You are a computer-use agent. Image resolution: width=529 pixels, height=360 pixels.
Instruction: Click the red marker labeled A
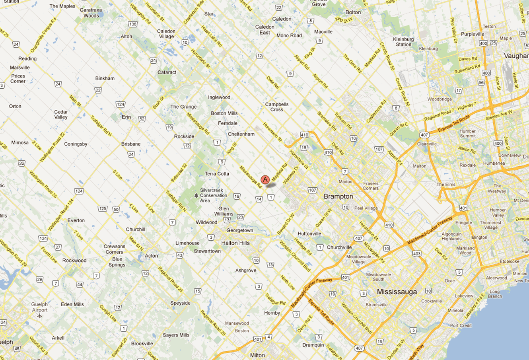(x=265, y=180)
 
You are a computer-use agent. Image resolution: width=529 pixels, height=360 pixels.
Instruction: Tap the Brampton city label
(x=338, y=197)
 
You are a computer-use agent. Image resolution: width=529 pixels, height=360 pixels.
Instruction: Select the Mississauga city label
(x=397, y=292)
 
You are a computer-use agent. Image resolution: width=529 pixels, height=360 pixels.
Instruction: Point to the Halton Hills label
(x=235, y=243)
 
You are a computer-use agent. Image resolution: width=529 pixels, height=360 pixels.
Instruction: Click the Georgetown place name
(x=239, y=231)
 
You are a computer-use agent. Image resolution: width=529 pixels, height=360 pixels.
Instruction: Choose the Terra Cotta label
(x=217, y=174)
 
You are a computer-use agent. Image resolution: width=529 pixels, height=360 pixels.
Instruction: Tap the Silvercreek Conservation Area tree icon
(x=196, y=195)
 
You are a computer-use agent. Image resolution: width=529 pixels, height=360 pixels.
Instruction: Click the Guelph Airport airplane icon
(x=39, y=316)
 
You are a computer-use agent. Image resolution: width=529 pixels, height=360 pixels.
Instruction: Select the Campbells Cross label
(x=277, y=107)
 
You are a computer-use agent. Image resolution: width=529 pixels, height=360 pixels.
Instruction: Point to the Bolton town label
(x=353, y=12)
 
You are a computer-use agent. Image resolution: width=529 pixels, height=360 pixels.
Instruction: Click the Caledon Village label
(x=166, y=34)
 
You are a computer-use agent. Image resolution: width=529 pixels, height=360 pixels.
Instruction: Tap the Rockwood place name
(x=74, y=261)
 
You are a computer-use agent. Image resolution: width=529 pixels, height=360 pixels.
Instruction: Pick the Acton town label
(x=151, y=256)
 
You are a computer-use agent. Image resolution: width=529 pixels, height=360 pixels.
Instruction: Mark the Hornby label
(x=272, y=313)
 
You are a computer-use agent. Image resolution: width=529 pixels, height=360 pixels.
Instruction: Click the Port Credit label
(x=461, y=325)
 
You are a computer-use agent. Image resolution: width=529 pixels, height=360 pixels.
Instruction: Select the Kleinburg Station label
(x=403, y=42)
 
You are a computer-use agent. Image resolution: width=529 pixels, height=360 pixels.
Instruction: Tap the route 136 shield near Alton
(x=133, y=24)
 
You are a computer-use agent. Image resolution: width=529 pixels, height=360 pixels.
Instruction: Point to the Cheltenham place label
(x=241, y=134)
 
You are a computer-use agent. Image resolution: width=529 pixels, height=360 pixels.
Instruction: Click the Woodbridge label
(x=440, y=99)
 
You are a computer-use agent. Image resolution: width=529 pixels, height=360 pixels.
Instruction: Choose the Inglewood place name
(x=219, y=97)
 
